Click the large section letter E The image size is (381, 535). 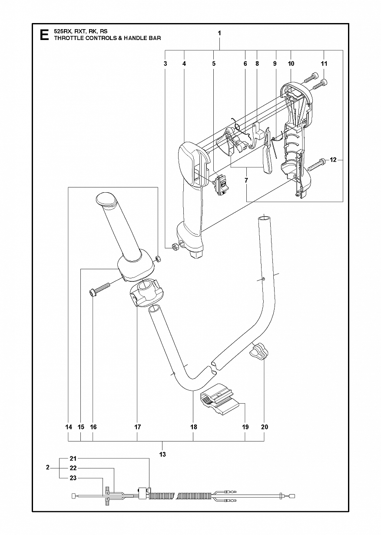(x=44, y=35)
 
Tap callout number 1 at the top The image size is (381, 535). (x=219, y=33)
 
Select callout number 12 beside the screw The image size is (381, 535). (x=333, y=160)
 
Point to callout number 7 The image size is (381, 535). (x=246, y=180)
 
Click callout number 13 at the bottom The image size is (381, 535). (x=162, y=454)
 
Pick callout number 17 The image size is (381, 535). (x=137, y=427)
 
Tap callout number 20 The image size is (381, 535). (x=265, y=427)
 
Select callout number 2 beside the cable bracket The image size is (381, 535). (x=47, y=475)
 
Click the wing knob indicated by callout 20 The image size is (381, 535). (x=258, y=357)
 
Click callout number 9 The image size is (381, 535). (x=275, y=64)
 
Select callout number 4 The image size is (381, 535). (x=184, y=64)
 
